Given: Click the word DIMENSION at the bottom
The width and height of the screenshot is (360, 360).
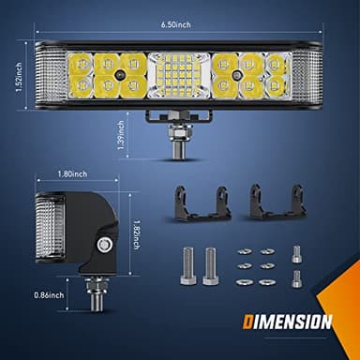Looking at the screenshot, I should pyautogui.click(x=286, y=322).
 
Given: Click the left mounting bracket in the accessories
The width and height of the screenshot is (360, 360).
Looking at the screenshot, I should pyautogui.click(x=202, y=203).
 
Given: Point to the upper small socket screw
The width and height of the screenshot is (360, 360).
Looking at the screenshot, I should pyautogui.click(x=297, y=252).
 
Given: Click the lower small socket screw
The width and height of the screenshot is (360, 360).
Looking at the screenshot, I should pyautogui.click(x=297, y=277).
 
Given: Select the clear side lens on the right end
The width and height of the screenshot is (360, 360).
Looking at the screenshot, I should pyautogui.click(x=307, y=74).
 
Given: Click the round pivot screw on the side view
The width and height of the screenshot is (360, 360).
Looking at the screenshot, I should pyautogui.click(x=104, y=242).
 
